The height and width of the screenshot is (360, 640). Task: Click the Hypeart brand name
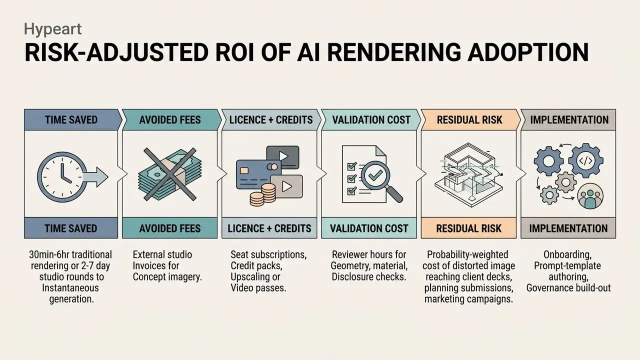53,29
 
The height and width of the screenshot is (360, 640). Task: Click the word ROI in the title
234,52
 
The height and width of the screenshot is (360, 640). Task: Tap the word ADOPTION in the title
528,52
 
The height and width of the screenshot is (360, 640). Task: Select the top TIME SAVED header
71,119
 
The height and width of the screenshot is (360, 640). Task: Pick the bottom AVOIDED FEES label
169,228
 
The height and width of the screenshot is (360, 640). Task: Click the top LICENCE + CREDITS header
271,119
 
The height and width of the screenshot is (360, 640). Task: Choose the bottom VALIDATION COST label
369,228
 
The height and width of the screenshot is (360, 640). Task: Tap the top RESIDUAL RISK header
469,119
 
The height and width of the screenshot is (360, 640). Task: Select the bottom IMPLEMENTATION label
568,228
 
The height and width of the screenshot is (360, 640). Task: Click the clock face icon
62,177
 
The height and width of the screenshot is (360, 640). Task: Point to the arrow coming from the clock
95,177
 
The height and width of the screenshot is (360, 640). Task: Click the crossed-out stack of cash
170,174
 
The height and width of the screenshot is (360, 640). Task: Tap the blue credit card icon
258,175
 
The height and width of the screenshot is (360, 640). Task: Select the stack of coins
263,195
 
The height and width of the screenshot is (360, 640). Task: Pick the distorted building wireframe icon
468,175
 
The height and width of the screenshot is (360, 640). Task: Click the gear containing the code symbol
585,161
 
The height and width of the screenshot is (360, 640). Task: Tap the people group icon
590,196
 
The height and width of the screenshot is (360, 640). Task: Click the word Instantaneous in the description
70,287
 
